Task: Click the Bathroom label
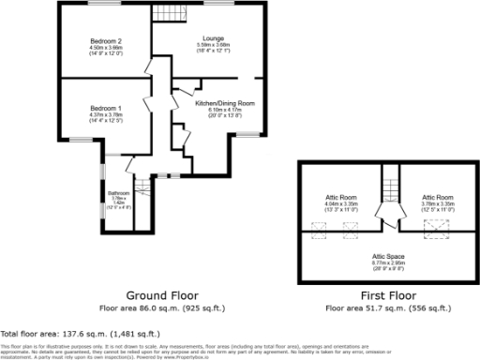pyautogui.click(x=119, y=192)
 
